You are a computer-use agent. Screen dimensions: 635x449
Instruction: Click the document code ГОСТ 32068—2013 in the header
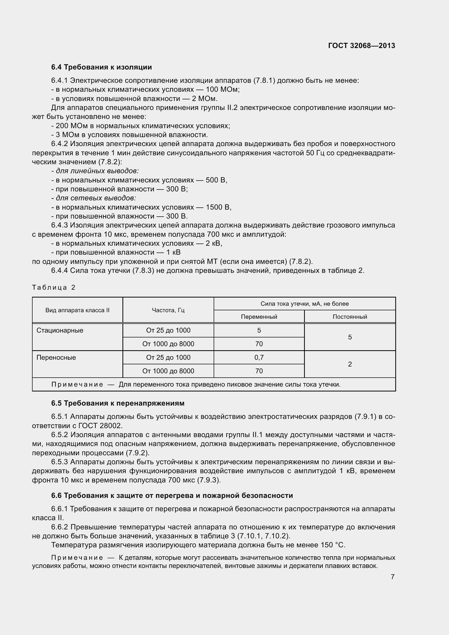click(x=361, y=46)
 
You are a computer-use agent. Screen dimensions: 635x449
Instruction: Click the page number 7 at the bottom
click(x=393, y=577)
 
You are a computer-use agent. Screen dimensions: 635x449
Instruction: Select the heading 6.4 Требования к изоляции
click(x=102, y=67)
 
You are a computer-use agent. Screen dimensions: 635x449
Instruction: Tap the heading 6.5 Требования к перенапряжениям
click(x=118, y=403)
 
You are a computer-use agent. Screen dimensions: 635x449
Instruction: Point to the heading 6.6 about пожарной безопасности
click(x=172, y=495)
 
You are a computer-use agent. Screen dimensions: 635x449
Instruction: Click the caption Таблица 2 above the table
click(x=54, y=287)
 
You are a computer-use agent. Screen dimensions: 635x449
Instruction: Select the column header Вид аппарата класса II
click(x=77, y=310)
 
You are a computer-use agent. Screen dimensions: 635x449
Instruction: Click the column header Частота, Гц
click(x=168, y=310)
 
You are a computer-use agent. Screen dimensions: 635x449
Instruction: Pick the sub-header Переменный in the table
click(x=259, y=317)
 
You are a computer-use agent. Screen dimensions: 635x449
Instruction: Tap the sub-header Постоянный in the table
click(x=350, y=317)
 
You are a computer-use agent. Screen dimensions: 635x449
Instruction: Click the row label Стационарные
click(x=60, y=330)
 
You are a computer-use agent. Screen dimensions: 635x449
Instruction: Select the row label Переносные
click(x=56, y=357)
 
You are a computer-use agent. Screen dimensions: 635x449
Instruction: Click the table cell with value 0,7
click(x=259, y=357)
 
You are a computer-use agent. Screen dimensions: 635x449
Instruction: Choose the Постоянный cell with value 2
click(x=350, y=364)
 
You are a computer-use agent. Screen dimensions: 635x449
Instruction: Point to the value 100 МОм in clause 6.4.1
click(x=222, y=90)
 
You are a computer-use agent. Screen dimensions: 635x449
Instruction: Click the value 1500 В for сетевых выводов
click(x=218, y=207)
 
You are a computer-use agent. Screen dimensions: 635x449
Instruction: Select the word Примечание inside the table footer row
click(x=77, y=384)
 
